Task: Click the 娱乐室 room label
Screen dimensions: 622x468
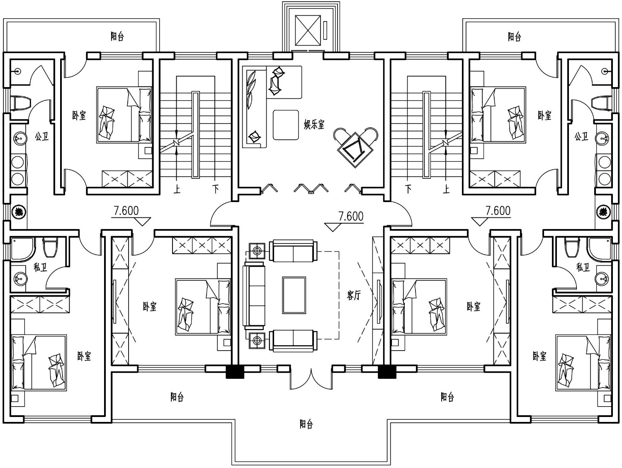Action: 314,124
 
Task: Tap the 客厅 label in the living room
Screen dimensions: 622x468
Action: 354,296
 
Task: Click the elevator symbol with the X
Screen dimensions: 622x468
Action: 308,30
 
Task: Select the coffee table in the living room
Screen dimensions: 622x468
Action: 294,295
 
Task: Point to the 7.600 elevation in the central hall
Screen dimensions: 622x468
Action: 351,217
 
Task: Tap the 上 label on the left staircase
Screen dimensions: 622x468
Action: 177,189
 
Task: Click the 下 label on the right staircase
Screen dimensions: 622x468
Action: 408,189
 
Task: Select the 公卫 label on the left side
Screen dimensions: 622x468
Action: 42,137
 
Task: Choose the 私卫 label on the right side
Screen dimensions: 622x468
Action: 583,267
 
